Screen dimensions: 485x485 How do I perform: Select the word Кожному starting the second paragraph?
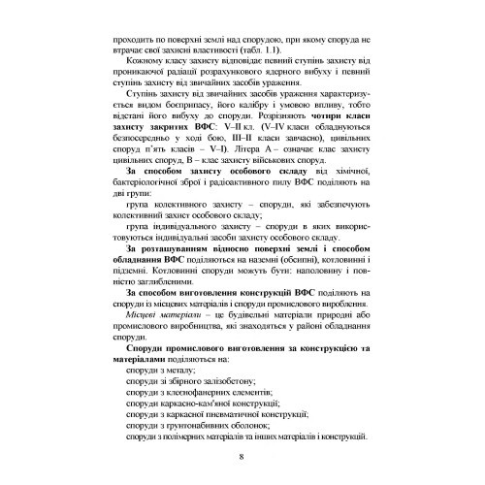(145, 61)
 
